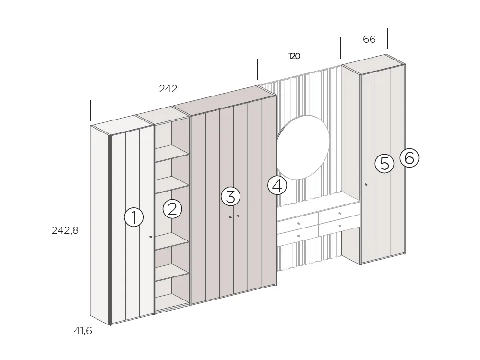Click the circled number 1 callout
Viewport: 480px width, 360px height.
click(x=134, y=217)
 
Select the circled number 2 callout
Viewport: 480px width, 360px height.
click(x=172, y=209)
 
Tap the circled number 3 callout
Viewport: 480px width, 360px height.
click(x=230, y=196)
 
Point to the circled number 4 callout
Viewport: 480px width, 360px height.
click(x=277, y=185)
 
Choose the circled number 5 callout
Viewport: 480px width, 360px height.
click(x=384, y=164)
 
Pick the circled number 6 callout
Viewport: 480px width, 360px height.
click(x=409, y=157)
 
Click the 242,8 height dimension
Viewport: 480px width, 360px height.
click(x=65, y=230)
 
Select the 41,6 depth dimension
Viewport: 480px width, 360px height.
click(x=82, y=331)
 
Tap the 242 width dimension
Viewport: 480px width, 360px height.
click(x=168, y=89)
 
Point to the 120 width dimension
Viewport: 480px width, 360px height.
click(x=294, y=56)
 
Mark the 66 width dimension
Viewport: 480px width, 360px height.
click(x=369, y=39)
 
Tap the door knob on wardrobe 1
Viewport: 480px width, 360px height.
click(x=151, y=237)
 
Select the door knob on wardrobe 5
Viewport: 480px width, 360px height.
click(x=366, y=185)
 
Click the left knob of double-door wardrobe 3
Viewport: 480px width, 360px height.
click(x=230, y=218)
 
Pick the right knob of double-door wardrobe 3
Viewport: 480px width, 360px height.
click(x=238, y=216)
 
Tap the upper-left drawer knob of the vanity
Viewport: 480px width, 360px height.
click(x=299, y=224)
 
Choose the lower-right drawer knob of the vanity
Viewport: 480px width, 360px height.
click(x=339, y=225)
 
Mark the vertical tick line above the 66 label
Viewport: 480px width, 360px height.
click(x=387, y=38)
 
